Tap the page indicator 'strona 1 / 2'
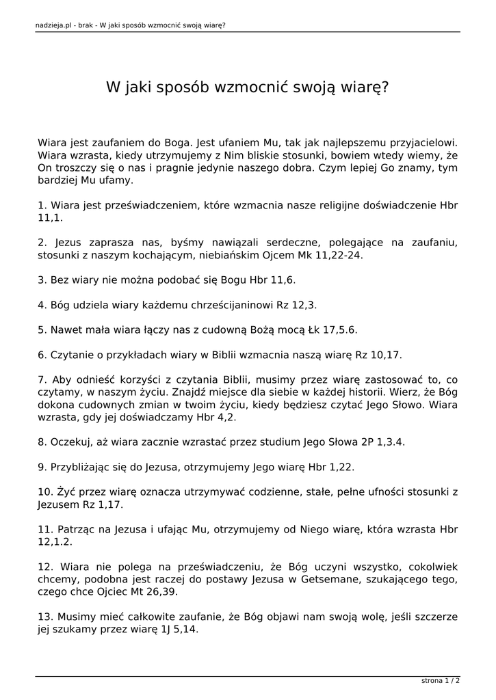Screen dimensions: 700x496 441,681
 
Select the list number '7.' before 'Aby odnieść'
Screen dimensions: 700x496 42,379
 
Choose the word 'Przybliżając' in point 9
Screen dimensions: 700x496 83,467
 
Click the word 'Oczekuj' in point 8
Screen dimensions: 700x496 70,442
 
